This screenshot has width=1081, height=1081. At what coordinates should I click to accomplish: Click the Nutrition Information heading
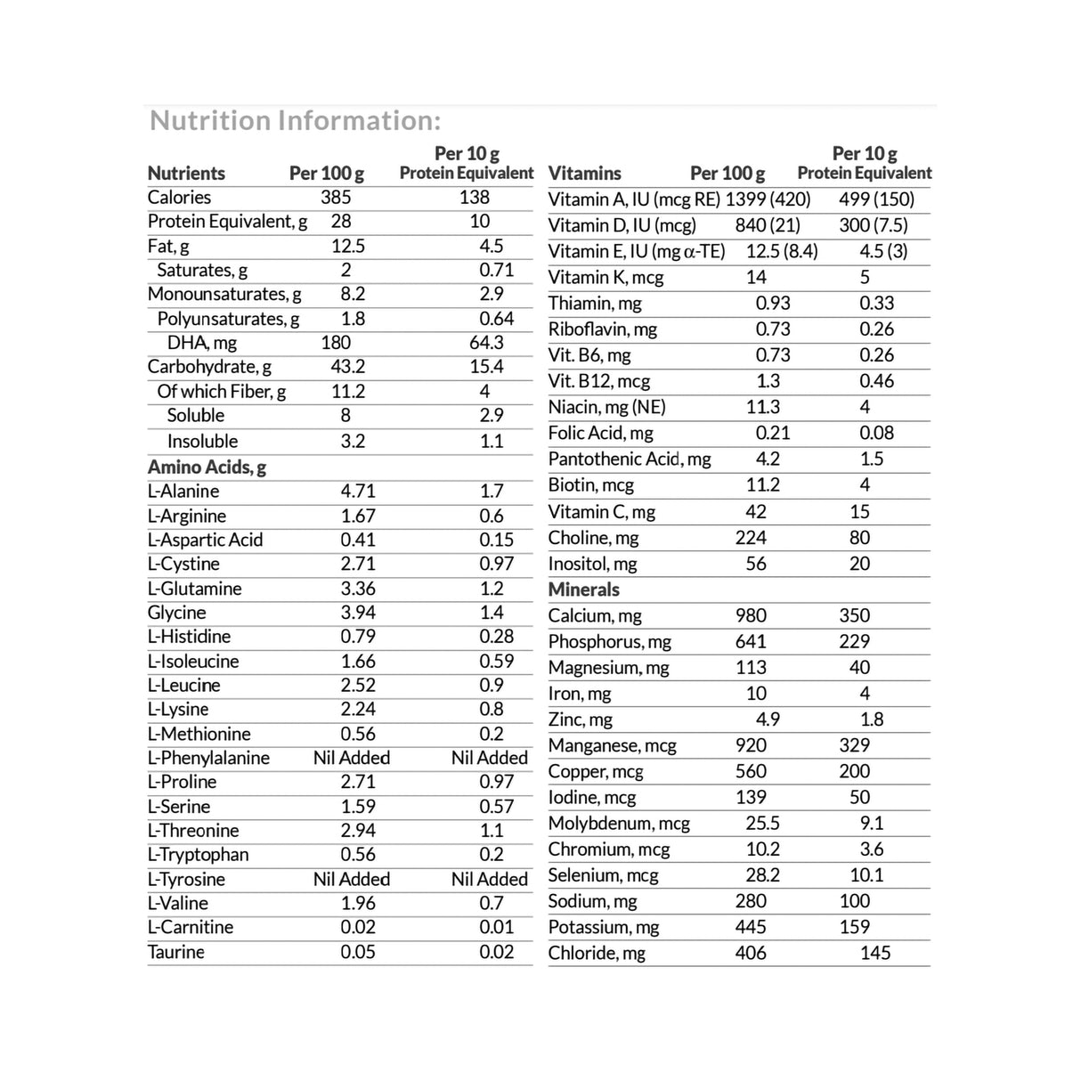[x=295, y=120]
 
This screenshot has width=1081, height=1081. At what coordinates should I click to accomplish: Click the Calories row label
[x=179, y=198]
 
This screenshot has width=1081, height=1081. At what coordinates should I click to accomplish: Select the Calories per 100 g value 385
[x=336, y=198]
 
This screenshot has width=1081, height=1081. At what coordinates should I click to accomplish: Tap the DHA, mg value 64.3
[x=486, y=343]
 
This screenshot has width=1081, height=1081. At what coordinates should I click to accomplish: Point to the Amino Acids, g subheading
[x=207, y=467]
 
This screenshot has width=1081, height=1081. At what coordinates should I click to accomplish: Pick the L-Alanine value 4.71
[x=358, y=491]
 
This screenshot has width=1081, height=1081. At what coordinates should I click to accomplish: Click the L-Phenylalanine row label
[x=208, y=758]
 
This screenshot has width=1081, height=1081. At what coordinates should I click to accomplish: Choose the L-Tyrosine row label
[x=186, y=879]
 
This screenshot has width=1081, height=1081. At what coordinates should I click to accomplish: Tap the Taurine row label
[x=175, y=952]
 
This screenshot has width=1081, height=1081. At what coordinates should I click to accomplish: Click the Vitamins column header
[x=584, y=174]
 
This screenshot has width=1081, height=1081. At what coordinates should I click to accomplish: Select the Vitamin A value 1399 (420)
[x=768, y=199]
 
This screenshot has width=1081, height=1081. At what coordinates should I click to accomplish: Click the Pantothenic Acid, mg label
[x=630, y=459]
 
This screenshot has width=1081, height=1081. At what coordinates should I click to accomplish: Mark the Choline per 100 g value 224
[x=751, y=538]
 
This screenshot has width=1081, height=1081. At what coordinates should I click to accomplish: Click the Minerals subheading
[x=583, y=589]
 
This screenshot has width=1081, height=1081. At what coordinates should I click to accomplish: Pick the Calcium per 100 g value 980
[x=751, y=615]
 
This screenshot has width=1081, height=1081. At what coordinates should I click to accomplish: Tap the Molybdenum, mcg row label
[x=619, y=824]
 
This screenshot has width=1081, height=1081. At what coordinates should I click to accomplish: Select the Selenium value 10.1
[x=866, y=875]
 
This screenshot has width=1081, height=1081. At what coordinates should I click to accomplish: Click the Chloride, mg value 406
[x=751, y=953]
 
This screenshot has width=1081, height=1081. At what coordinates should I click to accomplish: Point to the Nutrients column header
[x=186, y=174]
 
